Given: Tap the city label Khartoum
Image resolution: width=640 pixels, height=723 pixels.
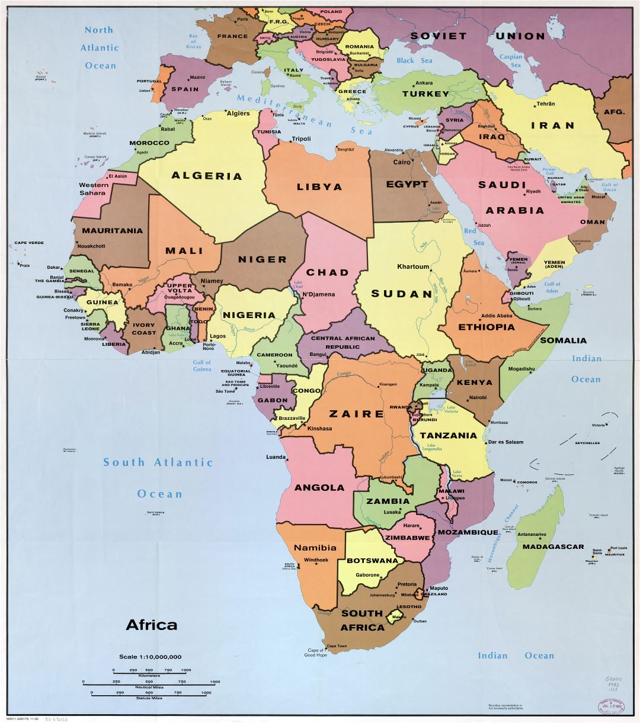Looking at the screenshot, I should tap(413, 266).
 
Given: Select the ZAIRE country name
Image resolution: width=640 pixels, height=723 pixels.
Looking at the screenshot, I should tap(356, 414).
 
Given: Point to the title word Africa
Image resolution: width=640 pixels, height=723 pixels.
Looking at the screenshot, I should tap(151, 625).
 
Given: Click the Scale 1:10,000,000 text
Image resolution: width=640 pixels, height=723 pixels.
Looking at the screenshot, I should tap(150, 657).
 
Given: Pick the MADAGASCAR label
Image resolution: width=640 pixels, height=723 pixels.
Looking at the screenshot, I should tap(553, 547).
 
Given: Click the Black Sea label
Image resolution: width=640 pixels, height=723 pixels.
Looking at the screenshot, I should tap(414, 60).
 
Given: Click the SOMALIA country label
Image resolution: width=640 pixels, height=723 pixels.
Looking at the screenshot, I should tap(562, 340).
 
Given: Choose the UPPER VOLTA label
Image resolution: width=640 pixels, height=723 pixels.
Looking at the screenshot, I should tap(179, 288).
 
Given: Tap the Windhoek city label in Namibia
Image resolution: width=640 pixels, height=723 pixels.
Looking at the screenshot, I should tap(316, 560).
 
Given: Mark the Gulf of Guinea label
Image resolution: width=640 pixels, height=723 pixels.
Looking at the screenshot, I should tap(201, 365).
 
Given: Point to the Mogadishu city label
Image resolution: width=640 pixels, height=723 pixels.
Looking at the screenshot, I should tap(521, 369).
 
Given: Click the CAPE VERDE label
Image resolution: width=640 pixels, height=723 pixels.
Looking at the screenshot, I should tap(28, 243).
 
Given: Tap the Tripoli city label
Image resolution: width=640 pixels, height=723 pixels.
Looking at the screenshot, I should tap(300, 140).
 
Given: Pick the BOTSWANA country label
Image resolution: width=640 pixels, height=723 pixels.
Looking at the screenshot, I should tap(372, 561).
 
